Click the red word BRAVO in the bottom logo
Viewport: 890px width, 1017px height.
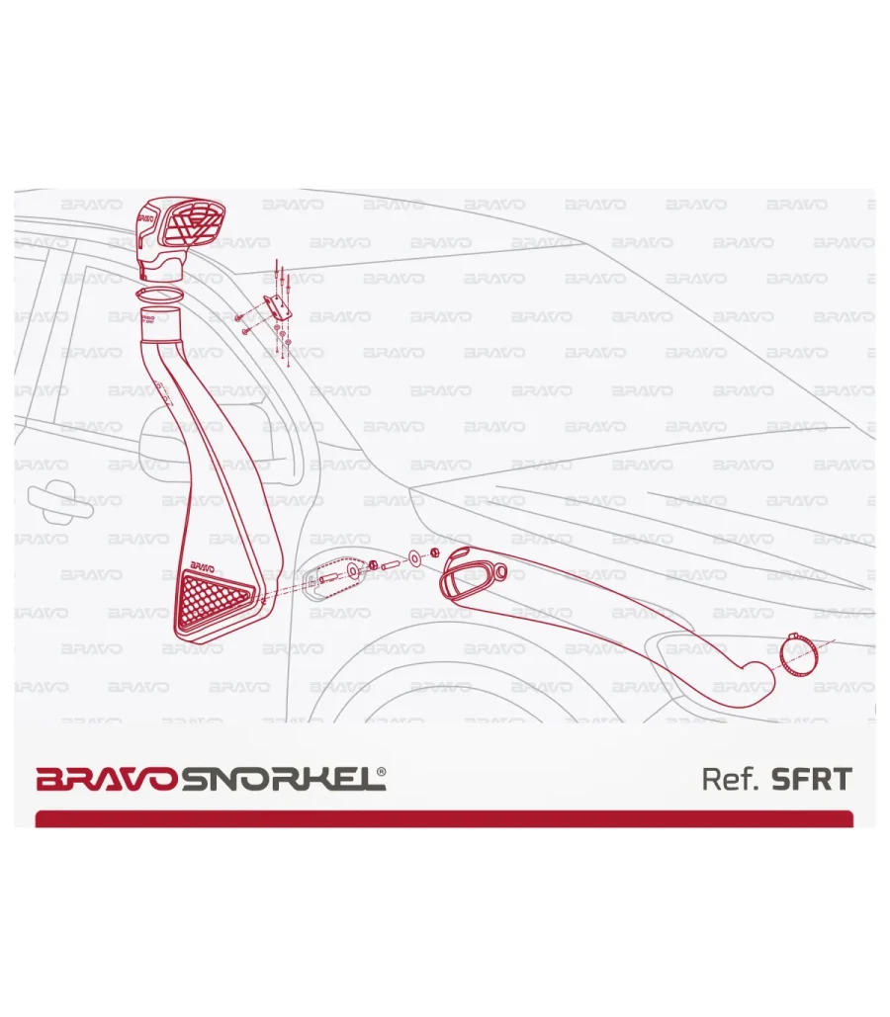106,779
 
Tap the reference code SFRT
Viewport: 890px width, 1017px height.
812,779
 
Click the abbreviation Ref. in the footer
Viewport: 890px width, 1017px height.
731,779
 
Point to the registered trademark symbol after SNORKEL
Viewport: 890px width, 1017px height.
381,772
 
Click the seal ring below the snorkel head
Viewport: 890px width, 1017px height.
159,296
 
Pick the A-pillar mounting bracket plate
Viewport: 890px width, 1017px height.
277,306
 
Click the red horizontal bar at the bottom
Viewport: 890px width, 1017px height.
444,818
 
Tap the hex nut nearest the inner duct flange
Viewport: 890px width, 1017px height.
435,552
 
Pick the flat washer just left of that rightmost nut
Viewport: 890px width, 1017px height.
414,557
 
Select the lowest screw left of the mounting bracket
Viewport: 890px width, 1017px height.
244,331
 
